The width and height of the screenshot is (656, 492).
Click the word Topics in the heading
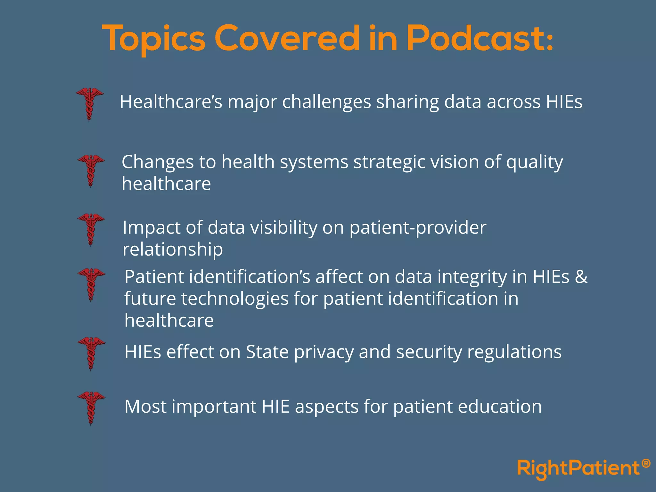(154, 39)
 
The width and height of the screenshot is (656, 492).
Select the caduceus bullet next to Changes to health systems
(91, 170)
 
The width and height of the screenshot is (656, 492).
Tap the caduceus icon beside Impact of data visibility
(91, 229)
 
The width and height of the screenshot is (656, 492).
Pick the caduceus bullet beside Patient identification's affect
(91, 284)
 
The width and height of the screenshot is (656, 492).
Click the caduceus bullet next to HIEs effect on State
(91, 353)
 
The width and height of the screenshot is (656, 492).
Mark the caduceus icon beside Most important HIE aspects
(91, 407)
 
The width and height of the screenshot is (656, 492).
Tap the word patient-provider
(418, 228)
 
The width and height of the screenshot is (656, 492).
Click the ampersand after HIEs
(581, 277)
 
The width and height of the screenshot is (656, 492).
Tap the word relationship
(173, 250)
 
